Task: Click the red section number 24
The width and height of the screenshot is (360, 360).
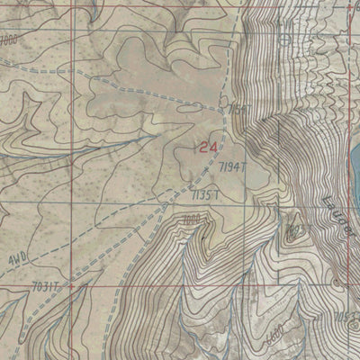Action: click(209, 146)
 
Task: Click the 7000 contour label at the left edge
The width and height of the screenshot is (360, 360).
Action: click(9, 41)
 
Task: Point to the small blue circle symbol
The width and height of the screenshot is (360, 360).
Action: click(283, 40)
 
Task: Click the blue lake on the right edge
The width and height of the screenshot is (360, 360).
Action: click(352, 162)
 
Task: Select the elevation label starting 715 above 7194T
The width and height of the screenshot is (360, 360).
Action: click(238, 109)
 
